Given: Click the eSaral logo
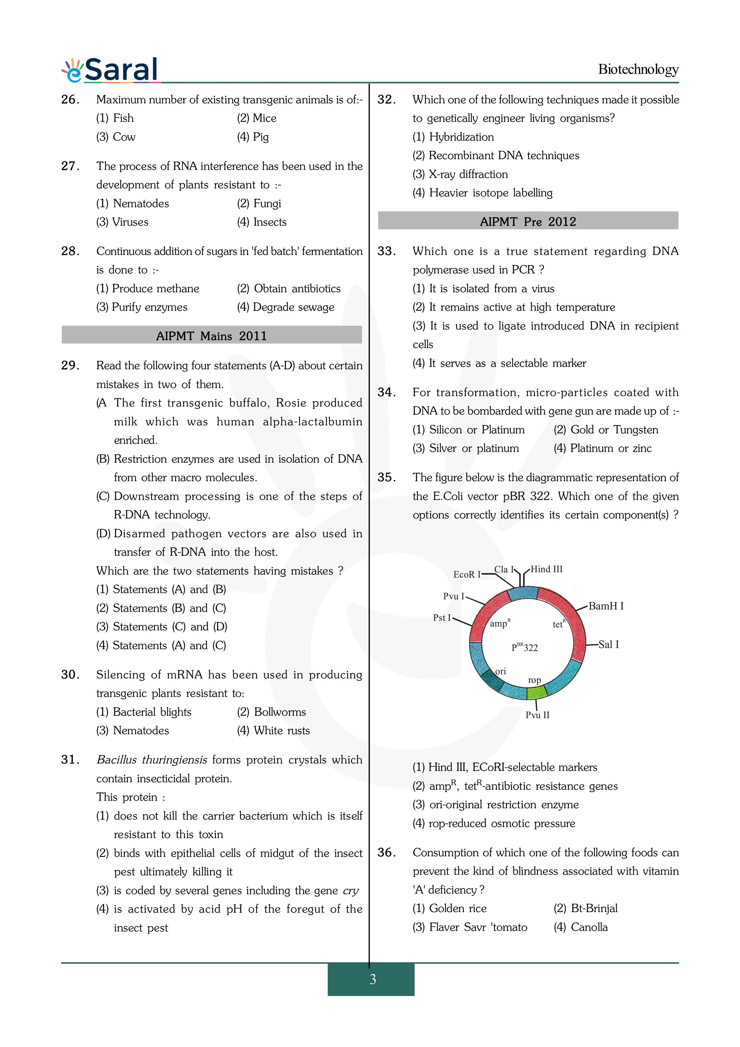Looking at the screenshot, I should point(111,70).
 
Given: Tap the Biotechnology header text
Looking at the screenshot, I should point(638,69).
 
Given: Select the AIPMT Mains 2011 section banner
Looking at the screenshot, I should point(212,336).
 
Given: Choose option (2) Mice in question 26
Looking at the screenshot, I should point(257,118).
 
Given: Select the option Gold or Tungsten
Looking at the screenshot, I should point(606,429).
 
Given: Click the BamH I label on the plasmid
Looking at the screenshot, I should point(605,606).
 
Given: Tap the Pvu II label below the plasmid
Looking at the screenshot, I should point(538,715).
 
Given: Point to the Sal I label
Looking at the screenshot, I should point(608,644).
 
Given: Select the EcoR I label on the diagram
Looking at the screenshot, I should point(467,575).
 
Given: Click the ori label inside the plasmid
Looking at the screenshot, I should point(501,671).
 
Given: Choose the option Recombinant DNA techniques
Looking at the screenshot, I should point(496,155).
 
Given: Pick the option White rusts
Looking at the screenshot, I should point(273,731).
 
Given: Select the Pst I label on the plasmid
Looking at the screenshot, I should point(442,618).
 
